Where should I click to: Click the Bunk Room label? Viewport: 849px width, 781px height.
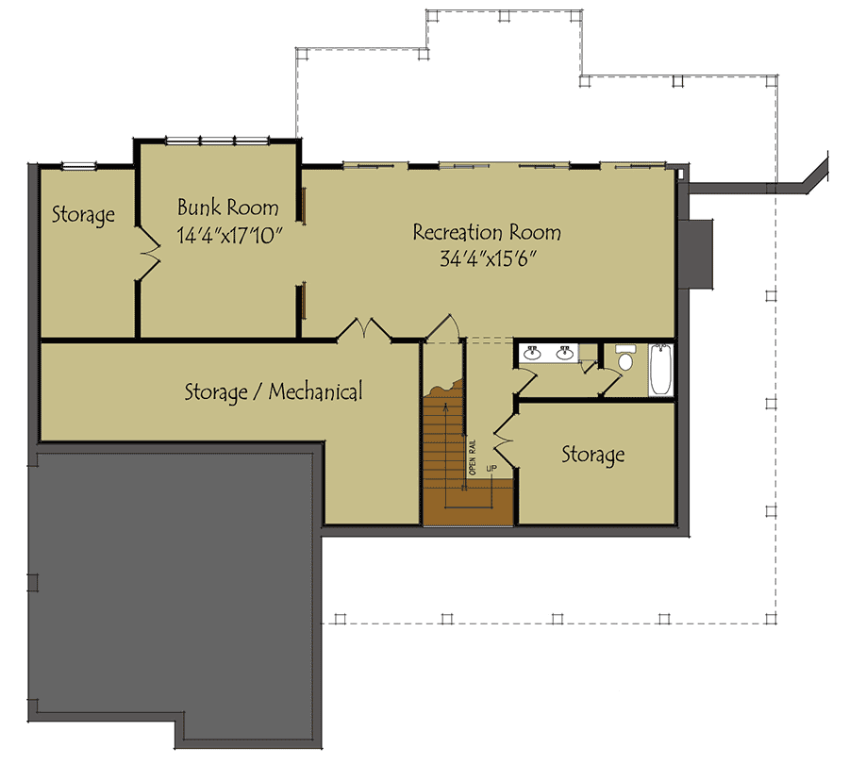tap(228, 208)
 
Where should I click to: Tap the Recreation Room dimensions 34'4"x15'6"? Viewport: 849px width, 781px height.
tap(488, 259)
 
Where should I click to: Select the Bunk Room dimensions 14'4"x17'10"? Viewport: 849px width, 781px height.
tap(229, 236)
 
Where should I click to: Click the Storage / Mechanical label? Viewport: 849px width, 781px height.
tap(274, 391)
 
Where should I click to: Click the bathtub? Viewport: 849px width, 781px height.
tap(660, 369)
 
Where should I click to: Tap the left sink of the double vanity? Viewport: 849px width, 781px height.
tap(532, 353)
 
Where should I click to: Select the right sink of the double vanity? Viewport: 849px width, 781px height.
tap(565, 353)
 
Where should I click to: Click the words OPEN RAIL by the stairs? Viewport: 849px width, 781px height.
tap(473, 457)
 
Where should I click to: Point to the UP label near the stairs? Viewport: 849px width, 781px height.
tap(491, 468)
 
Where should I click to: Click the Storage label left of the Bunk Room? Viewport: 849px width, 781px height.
tap(83, 215)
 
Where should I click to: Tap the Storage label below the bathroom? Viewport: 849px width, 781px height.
tap(593, 455)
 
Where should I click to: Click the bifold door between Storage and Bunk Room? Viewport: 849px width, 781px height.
tap(148, 253)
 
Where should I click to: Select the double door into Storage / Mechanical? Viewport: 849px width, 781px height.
tap(364, 329)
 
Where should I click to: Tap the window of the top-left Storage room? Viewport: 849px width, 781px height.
tap(78, 166)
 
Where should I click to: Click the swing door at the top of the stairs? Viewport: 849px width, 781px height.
tap(442, 328)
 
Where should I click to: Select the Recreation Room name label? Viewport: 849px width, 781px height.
tap(488, 233)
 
